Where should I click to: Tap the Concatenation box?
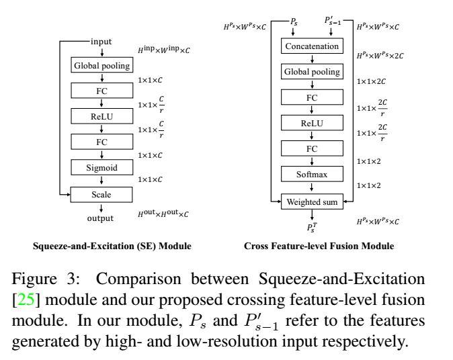tap(313, 46)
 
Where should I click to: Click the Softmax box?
tap(313, 174)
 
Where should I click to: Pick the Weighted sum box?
tap(313, 200)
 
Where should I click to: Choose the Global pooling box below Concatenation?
tap(313, 72)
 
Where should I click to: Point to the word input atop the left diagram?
tap(101, 42)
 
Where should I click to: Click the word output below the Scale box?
tap(101, 218)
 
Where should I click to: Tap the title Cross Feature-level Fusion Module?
tap(319, 246)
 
